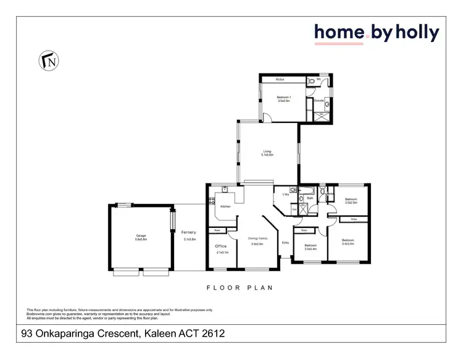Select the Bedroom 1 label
click(283, 98)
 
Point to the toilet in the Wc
click(311, 81)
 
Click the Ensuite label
click(319, 99)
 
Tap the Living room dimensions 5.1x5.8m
click(268, 154)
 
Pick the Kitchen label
click(225, 206)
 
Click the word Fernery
click(190, 232)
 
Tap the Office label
click(220, 246)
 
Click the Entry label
click(285, 243)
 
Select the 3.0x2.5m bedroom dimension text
click(351, 203)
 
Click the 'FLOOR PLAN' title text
click(240, 288)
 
